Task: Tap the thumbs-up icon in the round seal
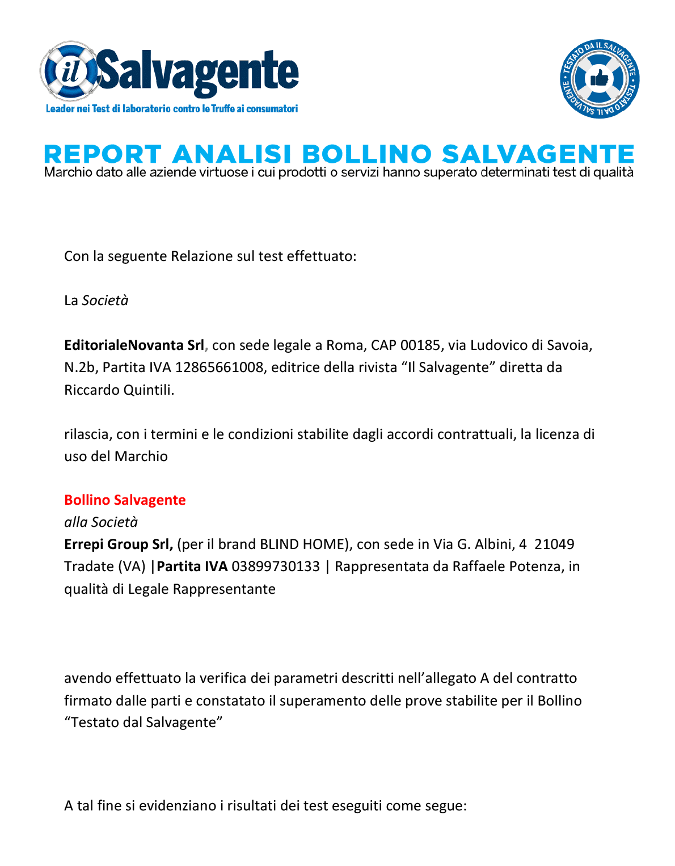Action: point(600,79)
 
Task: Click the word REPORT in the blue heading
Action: point(103,154)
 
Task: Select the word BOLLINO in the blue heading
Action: point(366,154)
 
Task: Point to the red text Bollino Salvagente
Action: point(125,500)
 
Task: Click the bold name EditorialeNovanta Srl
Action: point(134,345)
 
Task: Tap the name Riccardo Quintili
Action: point(119,390)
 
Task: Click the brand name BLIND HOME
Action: point(303,544)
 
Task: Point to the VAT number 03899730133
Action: point(276,567)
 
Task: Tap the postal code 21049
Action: point(554,544)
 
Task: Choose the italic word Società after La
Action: point(105,301)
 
